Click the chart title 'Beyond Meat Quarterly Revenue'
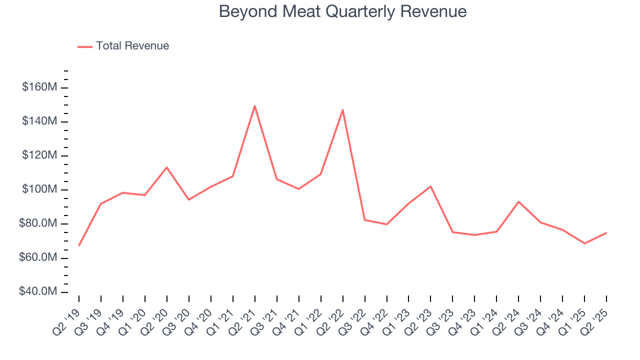click(342, 11)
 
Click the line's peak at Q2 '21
click(254, 105)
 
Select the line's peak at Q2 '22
click(342, 109)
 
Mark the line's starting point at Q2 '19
click(79, 245)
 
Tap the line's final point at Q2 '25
click(606, 232)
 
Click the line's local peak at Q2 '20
click(166, 167)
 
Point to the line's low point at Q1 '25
click(584, 243)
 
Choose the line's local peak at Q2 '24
click(518, 201)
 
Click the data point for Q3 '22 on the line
click(364, 219)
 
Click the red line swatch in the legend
click(85, 46)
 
